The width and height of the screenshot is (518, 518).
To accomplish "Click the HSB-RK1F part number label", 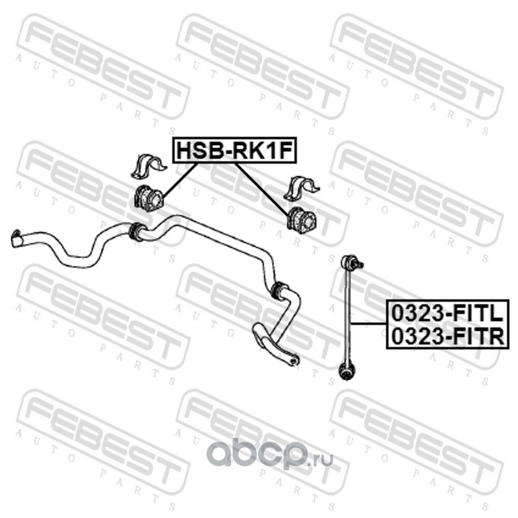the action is click(x=233, y=151).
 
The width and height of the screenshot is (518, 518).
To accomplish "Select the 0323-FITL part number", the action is click(x=445, y=314).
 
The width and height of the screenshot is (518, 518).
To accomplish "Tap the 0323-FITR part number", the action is click(x=445, y=335).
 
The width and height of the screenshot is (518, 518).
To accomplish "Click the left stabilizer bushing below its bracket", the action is click(x=148, y=196).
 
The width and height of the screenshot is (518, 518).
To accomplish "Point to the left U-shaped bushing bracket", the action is click(x=147, y=166).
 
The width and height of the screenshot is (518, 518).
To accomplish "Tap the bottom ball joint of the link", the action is click(x=347, y=372).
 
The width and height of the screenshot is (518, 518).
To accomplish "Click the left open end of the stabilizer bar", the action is click(x=18, y=238).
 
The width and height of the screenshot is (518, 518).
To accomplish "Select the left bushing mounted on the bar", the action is click(x=136, y=231).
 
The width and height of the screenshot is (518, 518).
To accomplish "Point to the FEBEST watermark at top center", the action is click(x=259, y=58).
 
